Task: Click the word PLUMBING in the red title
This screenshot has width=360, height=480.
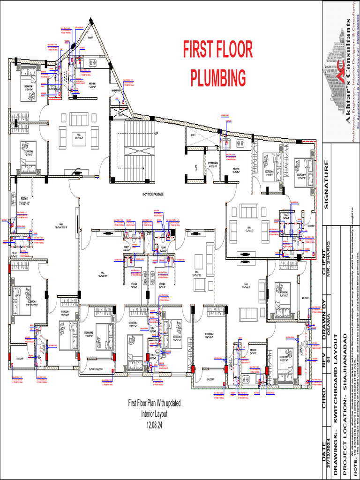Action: pyautogui.click(x=218, y=77)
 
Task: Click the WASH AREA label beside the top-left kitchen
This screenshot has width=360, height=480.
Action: pyautogui.click(x=117, y=90)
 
